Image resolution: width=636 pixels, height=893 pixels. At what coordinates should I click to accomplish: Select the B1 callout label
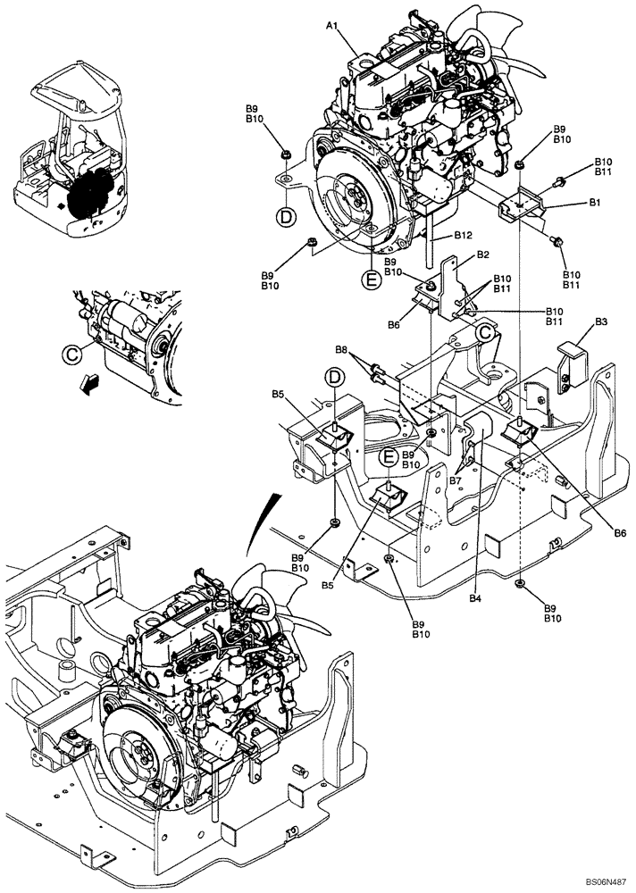tap(594, 204)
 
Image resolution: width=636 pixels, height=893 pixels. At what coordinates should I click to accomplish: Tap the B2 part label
tap(482, 255)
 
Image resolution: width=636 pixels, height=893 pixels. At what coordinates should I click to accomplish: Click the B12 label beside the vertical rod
tap(462, 236)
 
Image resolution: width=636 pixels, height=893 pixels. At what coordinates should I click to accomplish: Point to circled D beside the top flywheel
tap(285, 216)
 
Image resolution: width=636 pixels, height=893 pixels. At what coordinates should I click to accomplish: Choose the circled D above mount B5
tap(334, 378)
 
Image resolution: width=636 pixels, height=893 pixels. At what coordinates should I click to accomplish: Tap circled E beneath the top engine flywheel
tap(370, 280)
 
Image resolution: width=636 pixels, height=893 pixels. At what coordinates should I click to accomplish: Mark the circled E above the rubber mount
tap(389, 457)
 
